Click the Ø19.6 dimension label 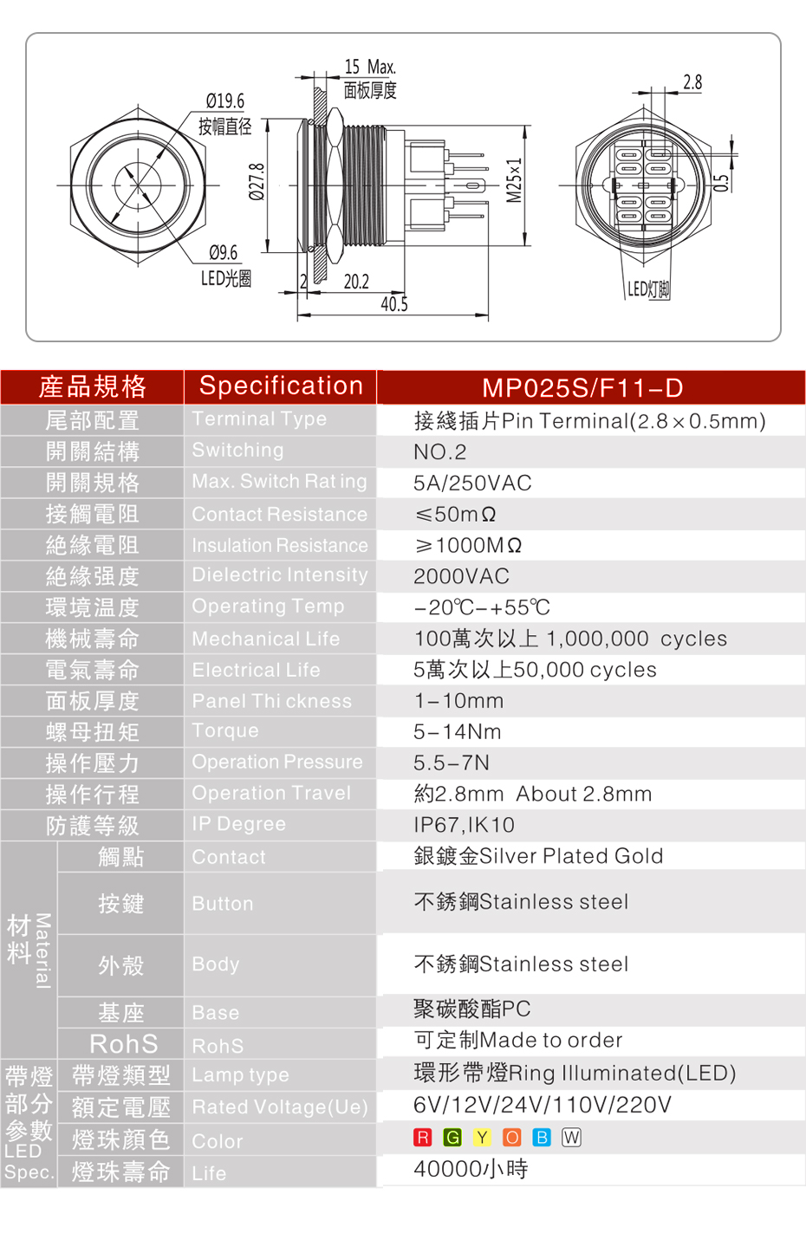point(225,101)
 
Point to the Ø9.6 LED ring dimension point(224,252)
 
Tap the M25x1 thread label point(514,180)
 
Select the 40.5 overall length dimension point(394,304)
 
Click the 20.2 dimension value point(356,282)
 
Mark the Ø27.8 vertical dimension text point(257,182)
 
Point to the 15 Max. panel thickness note point(370,67)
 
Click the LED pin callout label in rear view point(648,289)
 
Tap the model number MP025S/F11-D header point(582,388)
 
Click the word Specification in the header point(281,386)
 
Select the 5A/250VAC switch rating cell point(472,483)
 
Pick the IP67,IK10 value point(464,825)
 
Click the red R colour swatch point(422,1137)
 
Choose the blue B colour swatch point(542,1137)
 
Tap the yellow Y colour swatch point(482,1137)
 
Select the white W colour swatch point(571,1137)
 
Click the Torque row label point(225,730)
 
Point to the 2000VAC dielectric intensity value point(461,576)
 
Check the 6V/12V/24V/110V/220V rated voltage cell point(543,1105)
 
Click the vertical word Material point(43,950)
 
